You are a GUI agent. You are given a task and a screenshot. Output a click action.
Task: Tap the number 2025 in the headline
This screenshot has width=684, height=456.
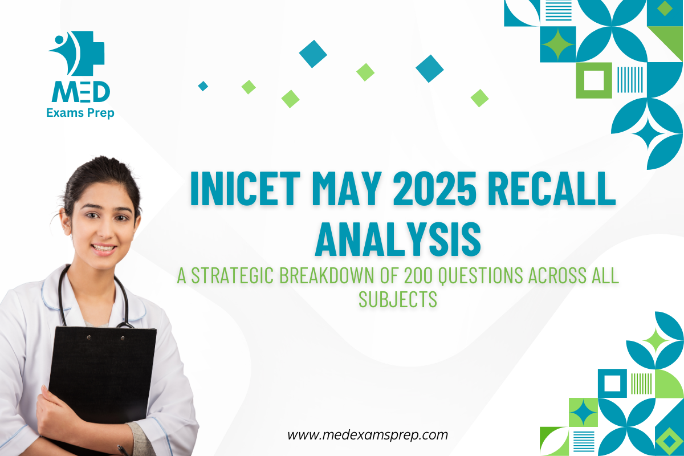click(x=434, y=189)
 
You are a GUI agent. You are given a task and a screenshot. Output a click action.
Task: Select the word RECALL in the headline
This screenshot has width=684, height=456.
click(x=552, y=189)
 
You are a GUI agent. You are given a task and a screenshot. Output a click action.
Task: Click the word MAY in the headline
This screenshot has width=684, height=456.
click(x=347, y=189)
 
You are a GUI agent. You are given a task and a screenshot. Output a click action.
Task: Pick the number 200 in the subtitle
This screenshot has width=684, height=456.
click(x=418, y=275)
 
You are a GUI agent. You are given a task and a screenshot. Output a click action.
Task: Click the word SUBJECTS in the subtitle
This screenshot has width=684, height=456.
click(x=398, y=299)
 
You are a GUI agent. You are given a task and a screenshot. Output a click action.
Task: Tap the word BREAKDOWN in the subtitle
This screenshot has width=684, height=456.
click(x=327, y=275)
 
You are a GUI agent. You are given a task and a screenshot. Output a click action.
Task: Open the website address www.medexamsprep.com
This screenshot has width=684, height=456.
click(x=368, y=435)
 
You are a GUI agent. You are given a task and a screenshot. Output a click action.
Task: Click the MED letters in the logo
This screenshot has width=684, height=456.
click(x=80, y=92)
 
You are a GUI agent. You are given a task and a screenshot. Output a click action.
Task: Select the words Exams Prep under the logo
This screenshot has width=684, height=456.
click(x=80, y=113)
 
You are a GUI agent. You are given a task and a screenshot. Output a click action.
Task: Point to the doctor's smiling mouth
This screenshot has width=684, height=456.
click(x=103, y=249)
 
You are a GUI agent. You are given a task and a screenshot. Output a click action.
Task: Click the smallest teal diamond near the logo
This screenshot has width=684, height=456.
click(x=203, y=86)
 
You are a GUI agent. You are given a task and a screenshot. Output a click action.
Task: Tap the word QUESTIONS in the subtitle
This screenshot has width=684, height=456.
click(x=481, y=276)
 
